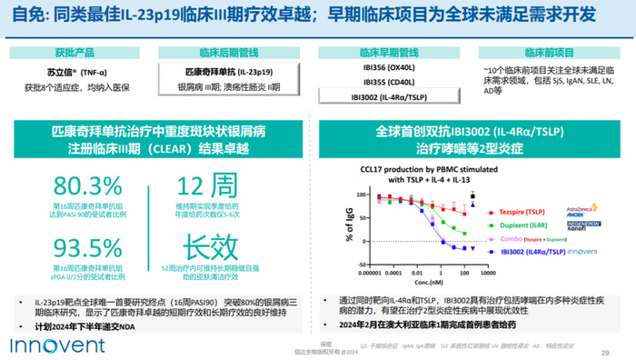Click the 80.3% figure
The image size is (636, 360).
81,187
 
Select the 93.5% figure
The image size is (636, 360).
81,246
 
